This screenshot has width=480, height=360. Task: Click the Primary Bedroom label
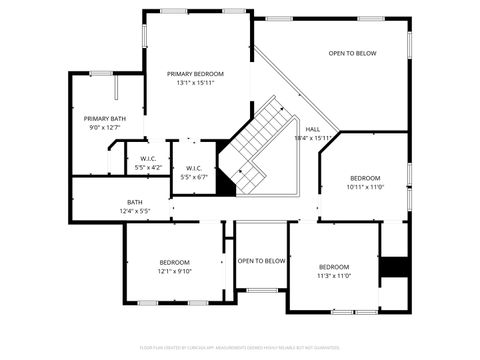click(195, 74)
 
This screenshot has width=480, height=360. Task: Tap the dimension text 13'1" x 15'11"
click(195, 83)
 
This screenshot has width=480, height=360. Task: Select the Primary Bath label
click(104, 119)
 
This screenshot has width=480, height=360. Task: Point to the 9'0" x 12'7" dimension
click(104, 128)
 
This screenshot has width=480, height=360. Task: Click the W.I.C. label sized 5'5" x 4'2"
click(148, 158)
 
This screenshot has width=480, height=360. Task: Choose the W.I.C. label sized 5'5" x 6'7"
click(194, 168)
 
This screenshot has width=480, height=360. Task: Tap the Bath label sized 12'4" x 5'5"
click(134, 202)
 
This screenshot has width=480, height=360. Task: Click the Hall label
click(313, 129)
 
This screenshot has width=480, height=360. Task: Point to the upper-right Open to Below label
click(352, 53)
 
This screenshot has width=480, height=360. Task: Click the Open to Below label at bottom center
click(261, 261)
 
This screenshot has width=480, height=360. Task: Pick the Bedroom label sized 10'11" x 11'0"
click(365, 177)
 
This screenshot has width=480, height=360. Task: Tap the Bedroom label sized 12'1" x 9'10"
click(174, 262)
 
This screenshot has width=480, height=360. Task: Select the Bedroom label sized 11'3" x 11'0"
click(334, 266)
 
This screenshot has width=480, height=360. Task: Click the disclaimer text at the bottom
click(240, 347)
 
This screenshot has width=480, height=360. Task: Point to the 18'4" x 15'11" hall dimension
click(313, 138)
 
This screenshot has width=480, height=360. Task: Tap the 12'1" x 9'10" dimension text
click(174, 271)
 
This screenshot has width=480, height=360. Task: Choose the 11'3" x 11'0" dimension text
click(334, 275)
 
